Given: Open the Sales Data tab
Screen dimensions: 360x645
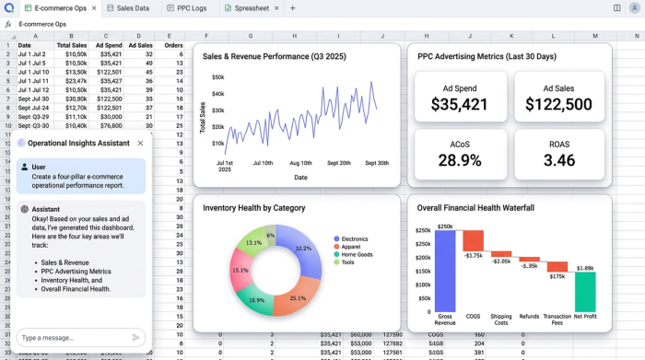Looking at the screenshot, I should tap(128, 7).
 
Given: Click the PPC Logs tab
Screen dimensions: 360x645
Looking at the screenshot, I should tap(187, 7).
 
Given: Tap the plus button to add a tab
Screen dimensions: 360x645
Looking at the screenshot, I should tap(293, 7).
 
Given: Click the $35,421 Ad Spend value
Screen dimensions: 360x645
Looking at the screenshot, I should tap(460, 104).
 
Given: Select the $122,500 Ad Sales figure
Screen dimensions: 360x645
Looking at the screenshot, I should tap(559, 104).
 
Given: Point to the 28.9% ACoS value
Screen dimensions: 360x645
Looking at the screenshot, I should tap(460, 160).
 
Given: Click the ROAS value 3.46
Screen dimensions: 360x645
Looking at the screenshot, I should tap(559, 160).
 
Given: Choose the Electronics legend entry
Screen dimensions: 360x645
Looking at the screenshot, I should tap(355, 238).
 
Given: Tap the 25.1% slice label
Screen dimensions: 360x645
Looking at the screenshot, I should tap(296, 298).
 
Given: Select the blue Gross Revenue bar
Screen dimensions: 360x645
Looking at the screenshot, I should tap(446, 271).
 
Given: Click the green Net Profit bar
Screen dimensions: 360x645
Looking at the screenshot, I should tap(585, 291).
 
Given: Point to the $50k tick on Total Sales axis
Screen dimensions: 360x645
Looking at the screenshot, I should tap(217, 77).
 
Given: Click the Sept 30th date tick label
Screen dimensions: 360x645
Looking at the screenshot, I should tap(376, 163).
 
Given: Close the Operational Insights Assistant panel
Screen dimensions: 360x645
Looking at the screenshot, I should tap(140, 143).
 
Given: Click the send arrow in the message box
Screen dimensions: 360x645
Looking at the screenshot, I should tap(136, 337).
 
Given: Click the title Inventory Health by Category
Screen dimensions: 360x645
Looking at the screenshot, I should tap(253, 207).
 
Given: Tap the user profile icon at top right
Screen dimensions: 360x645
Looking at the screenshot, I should tap(634, 7).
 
